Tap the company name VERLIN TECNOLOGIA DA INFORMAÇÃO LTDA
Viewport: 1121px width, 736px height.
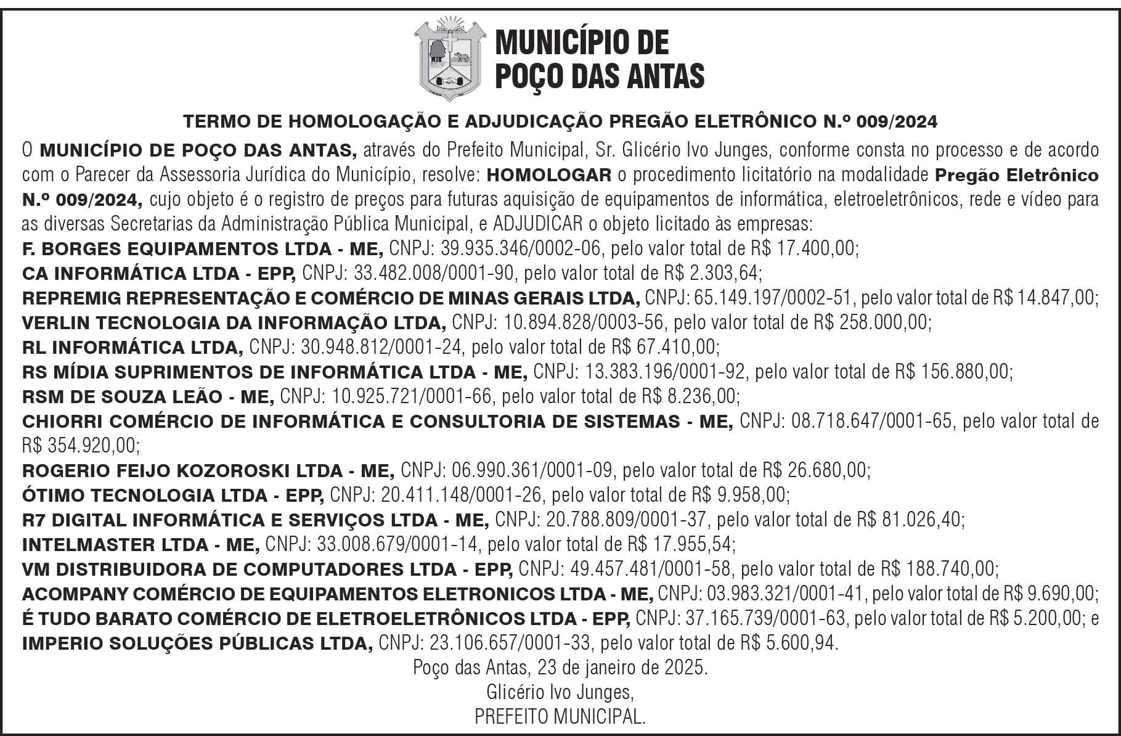234,323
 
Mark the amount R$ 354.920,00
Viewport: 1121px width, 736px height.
80,445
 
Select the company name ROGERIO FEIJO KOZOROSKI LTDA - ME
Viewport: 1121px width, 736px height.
208,471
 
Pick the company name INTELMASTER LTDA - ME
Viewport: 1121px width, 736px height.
141,545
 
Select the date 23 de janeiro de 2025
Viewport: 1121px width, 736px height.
622,668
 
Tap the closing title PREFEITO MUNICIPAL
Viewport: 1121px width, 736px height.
560,717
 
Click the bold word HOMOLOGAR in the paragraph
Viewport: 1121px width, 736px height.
549,176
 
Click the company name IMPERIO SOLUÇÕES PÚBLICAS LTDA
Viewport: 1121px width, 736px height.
197,644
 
